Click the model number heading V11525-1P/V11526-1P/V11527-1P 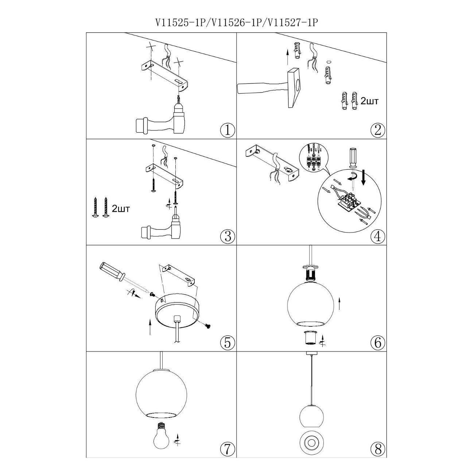click(237, 23)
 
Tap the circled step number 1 click(228, 130)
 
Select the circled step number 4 click(378, 237)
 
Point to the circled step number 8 click(378, 448)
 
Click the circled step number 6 click(378, 342)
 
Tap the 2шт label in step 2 click(369, 101)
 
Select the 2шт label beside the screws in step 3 click(121, 209)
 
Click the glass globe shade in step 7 click(161, 393)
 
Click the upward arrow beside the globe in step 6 click(339, 303)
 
